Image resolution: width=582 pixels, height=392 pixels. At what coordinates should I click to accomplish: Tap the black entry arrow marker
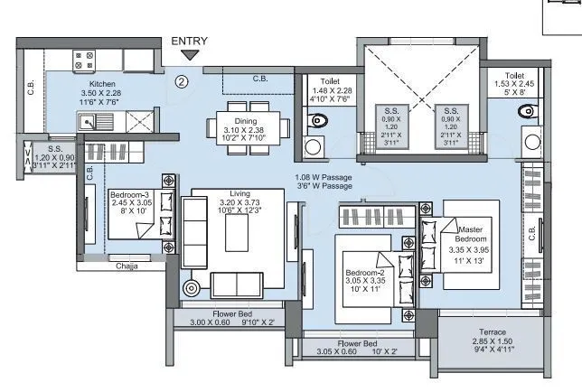pos(189,56)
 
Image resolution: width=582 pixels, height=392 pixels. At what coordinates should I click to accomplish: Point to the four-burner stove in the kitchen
pos(85,61)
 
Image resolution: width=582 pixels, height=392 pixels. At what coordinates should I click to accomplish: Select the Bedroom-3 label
pos(130,193)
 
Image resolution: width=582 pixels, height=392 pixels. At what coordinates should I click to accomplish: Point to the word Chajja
pos(127,266)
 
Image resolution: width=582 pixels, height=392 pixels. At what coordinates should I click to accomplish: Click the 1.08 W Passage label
pos(324,177)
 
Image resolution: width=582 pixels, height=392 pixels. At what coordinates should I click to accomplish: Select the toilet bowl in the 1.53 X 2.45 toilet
pos(527,112)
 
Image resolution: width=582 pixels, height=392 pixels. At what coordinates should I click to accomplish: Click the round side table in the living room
pos(192,289)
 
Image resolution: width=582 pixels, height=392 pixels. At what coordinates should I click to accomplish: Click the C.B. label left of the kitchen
pos(32,89)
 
